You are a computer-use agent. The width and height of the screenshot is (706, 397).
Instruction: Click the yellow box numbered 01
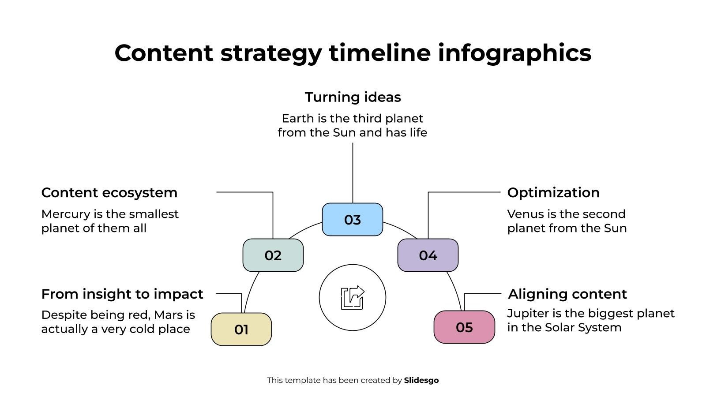pyautogui.click(x=241, y=329)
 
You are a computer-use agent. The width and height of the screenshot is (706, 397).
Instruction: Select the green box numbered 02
pyautogui.click(x=273, y=255)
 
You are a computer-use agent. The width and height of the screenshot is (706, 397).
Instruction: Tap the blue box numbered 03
pyautogui.click(x=353, y=220)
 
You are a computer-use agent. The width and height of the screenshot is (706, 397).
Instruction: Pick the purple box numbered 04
pyautogui.click(x=428, y=255)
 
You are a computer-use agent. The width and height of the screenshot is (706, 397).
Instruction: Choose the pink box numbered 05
pyautogui.click(x=464, y=327)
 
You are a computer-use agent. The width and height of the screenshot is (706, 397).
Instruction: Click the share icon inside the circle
pyautogui.click(x=353, y=298)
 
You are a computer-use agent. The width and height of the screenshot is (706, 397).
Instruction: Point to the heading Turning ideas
pyautogui.click(x=353, y=97)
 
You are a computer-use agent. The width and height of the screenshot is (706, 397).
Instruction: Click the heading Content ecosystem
pyautogui.click(x=109, y=193)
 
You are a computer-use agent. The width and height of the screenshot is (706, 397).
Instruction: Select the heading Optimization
pyautogui.click(x=553, y=193)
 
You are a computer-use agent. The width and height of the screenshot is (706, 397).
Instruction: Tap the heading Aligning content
pyautogui.click(x=567, y=294)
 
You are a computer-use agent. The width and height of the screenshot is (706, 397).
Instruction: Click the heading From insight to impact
pyautogui.click(x=122, y=294)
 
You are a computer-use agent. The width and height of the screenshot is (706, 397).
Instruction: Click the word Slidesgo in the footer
pyautogui.click(x=421, y=380)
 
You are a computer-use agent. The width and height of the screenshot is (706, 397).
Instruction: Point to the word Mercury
pyautogui.click(x=66, y=214)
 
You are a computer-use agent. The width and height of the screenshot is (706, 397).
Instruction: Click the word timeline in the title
pyautogui.click(x=380, y=53)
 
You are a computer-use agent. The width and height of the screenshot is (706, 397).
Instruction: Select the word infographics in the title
pyautogui.click(x=514, y=53)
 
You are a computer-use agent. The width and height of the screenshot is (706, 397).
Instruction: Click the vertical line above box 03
pyautogui.click(x=353, y=173)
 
